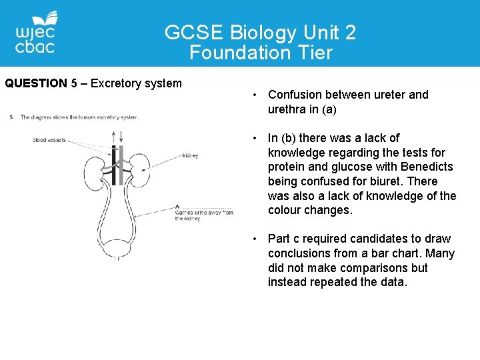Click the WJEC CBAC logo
click(x=36, y=33)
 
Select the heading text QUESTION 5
click(x=41, y=83)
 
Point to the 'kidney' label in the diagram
click(x=190, y=156)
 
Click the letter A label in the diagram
click(x=177, y=206)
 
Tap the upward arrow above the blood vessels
click(x=114, y=135)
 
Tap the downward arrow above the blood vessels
click(x=121, y=135)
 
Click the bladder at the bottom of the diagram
click(x=118, y=249)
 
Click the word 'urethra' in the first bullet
click(x=289, y=109)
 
